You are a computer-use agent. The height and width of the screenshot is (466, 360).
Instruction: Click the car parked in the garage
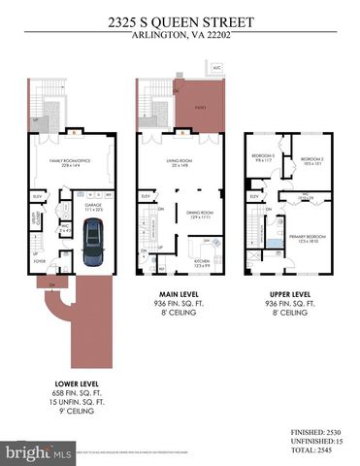tap(92, 244)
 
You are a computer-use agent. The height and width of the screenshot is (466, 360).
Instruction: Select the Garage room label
tap(93, 206)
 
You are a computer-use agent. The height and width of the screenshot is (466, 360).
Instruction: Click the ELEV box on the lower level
tap(39, 195)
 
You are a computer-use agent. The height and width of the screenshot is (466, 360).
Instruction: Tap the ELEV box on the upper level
tap(254, 196)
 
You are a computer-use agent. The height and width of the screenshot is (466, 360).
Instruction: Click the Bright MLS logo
tap(39, 452)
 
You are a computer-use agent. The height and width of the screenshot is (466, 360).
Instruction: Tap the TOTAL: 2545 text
tap(316, 450)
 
